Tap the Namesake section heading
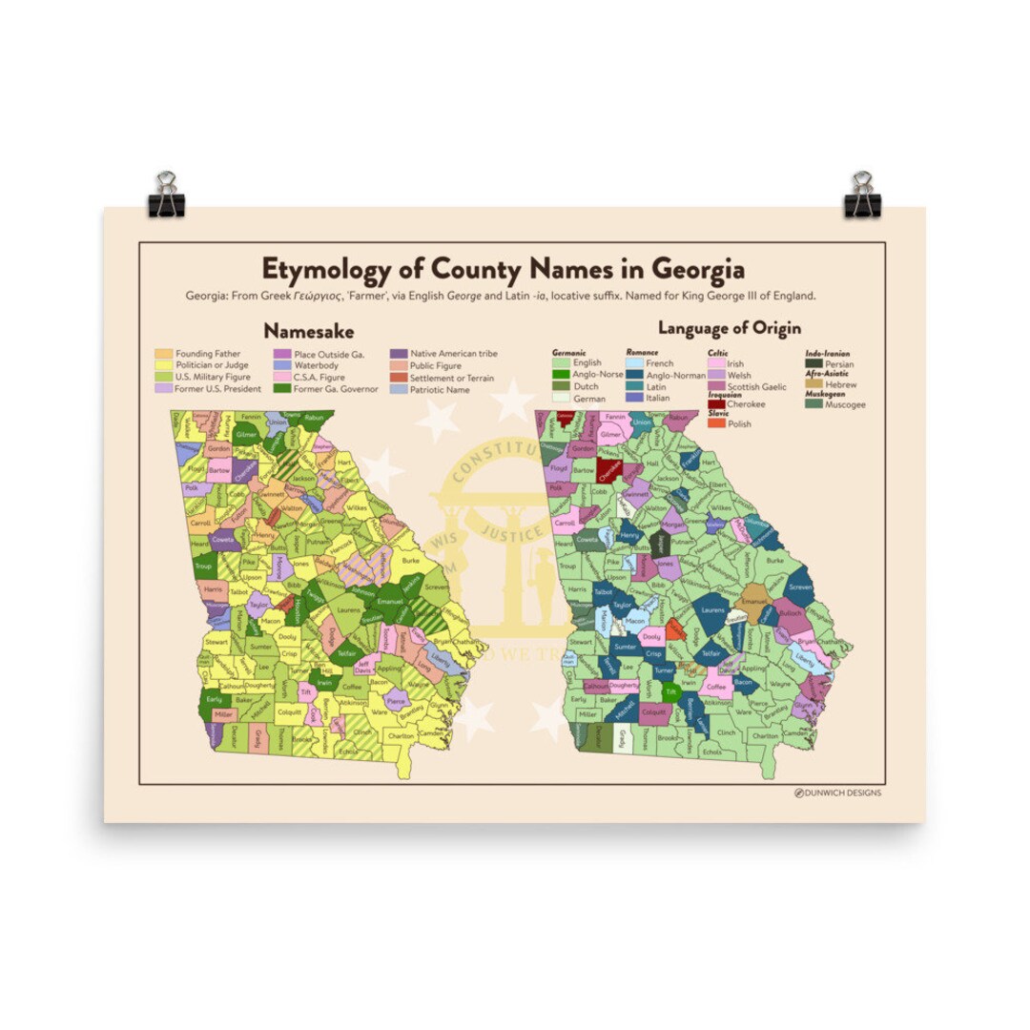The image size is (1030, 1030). coord(309,331)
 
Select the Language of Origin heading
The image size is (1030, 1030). coord(721,330)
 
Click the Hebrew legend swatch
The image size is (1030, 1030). coord(814,384)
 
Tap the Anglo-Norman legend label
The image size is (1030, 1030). coord(676,376)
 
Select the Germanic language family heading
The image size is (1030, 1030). coord(569,353)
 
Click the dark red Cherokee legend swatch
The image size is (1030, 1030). coord(715,404)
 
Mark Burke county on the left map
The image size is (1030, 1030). coord(411,561)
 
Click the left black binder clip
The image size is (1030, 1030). coord(167,194)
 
